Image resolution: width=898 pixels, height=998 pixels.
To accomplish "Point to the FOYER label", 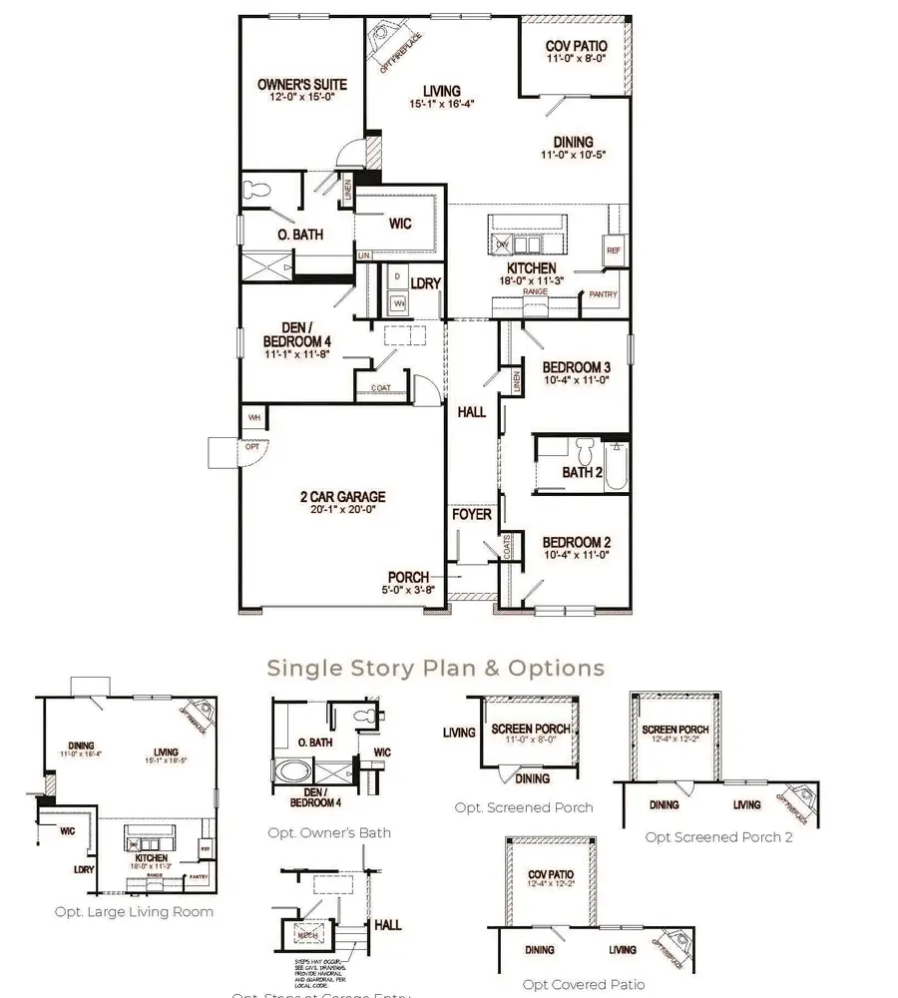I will coord(471,515).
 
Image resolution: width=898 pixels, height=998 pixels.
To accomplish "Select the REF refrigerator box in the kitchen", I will coord(613,250).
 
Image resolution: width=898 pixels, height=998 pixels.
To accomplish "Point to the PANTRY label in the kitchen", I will coord(603,294).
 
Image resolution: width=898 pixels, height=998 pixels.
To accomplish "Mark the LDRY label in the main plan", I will coord(425,284).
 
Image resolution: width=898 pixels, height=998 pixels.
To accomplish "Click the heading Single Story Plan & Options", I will coord(435,667).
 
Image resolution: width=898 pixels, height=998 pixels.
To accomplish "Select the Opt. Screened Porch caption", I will coord(523,807).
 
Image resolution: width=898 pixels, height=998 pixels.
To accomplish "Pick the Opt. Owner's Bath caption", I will coord(329,832).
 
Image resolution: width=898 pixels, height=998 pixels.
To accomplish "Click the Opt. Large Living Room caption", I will coord(134,911).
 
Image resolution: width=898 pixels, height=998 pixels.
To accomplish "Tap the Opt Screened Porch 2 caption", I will coord(718,837).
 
